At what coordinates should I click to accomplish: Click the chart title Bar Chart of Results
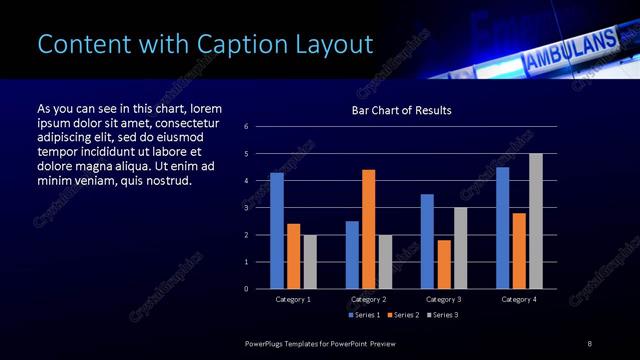[401, 110]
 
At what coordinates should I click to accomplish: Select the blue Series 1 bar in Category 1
[277, 231]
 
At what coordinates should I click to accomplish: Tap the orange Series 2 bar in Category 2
[368, 229]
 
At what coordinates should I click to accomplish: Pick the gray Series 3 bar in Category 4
[535, 221]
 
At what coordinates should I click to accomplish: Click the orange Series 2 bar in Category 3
[443, 264]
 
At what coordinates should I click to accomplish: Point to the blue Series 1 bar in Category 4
[502, 228]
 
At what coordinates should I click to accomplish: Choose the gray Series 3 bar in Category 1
[309, 262]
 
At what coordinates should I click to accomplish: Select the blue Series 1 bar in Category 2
[352, 255]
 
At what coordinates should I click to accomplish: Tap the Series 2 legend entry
[402, 315]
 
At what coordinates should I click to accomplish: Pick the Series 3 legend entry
[441, 315]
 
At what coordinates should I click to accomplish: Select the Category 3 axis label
[443, 299]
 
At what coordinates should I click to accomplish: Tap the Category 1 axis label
[293, 299]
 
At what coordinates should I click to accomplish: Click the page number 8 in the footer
[589, 344]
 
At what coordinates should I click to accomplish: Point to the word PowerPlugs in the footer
[268, 344]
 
